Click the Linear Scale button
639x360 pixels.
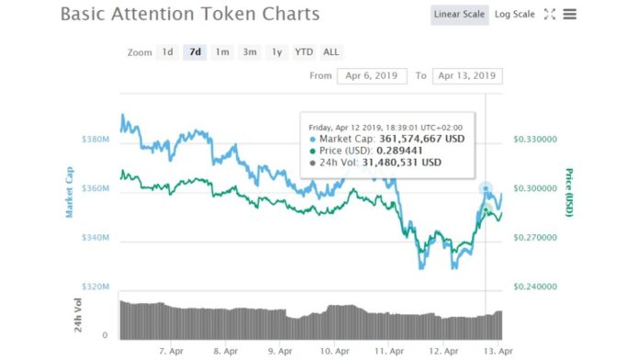(x=459, y=15)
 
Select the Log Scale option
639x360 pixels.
(x=514, y=15)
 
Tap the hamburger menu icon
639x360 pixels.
(x=570, y=15)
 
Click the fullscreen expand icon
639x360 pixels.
(x=550, y=15)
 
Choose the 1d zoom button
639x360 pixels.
(x=167, y=52)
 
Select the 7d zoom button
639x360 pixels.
(x=195, y=52)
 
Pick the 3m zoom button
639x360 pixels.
(x=250, y=52)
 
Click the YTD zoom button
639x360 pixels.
(x=304, y=52)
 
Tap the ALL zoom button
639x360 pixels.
(x=331, y=52)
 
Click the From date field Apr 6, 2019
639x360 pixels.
(x=372, y=75)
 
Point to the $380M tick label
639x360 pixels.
(x=95, y=140)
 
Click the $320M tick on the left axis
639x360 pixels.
(x=95, y=287)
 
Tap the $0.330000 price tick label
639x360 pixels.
(x=534, y=140)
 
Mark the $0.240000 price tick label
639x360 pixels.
(x=534, y=287)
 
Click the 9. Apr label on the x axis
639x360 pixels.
(x=280, y=351)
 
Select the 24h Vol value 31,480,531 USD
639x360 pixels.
(x=399, y=162)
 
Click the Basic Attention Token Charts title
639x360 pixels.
(x=190, y=15)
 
